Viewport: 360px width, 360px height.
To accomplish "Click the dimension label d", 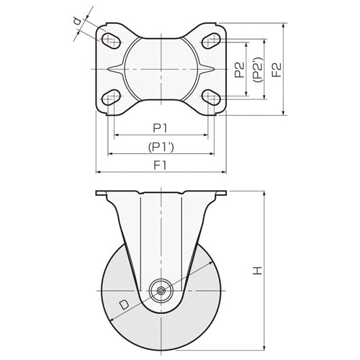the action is coord(77,22).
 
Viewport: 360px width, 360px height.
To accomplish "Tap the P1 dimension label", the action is coord(160,128).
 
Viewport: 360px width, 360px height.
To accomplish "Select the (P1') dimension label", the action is coord(161,147).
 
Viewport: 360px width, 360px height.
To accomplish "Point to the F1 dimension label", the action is coord(160,166).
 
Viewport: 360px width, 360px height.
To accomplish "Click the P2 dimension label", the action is coord(240,70).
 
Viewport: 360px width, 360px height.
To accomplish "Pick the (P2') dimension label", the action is coord(258,70).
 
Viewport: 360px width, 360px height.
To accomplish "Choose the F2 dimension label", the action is coord(276,70).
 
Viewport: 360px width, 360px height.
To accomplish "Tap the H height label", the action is coord(258,271).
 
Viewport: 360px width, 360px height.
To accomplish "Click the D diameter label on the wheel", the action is coord(125,305).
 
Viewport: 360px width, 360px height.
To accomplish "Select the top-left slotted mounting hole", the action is coord(111,40).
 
